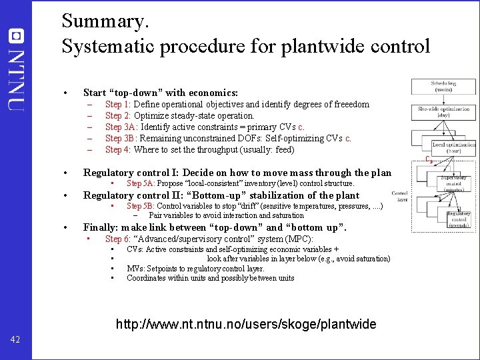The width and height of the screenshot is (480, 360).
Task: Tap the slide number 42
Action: [x=15, y=340]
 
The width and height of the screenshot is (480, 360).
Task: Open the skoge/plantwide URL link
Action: [x=246, y=325]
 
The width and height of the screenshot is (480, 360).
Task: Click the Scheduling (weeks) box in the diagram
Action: [x=443, y=87]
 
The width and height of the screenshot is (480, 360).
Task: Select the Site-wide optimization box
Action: [x=443, y=112]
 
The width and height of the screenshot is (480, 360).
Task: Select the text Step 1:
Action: [x=118, y=105]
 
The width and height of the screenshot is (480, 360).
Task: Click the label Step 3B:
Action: [x=120, y=139]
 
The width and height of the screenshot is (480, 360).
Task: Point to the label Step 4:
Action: [x=118, y=150]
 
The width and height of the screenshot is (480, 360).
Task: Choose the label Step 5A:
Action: [x=141, y=183]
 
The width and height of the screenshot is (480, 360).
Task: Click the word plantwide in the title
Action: [x=284, y=47]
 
